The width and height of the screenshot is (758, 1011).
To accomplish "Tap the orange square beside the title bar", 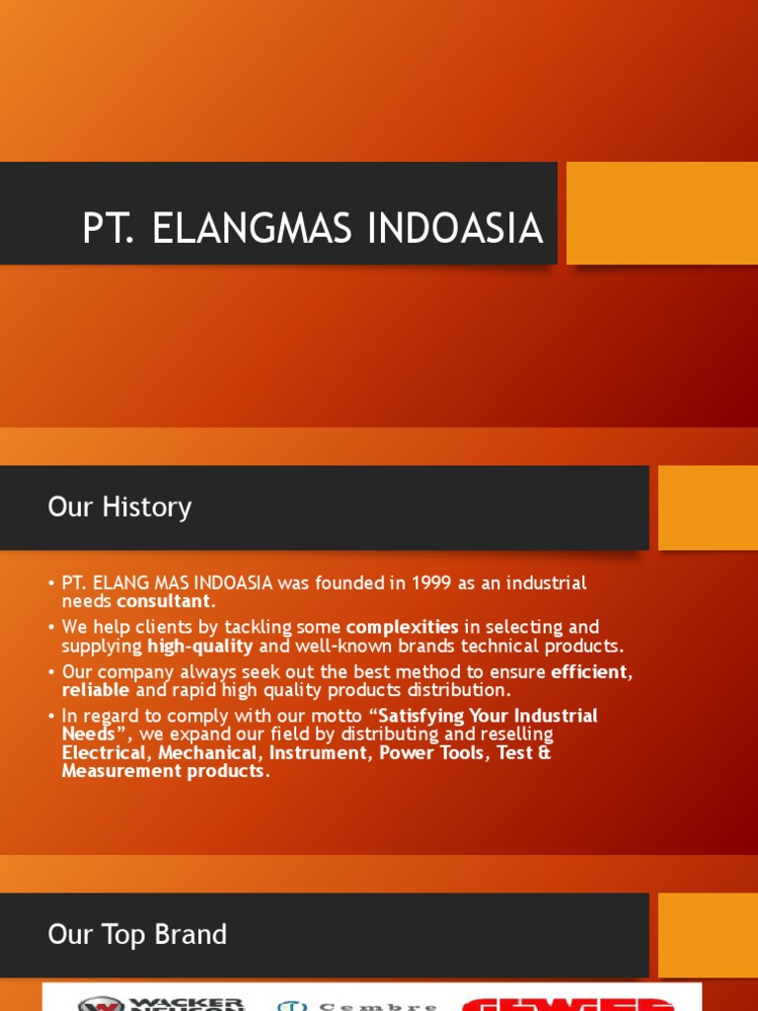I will [x=661, y=213].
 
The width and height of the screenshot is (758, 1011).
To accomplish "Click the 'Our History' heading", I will [x=119, y=507].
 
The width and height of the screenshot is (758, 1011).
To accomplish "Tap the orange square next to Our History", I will [x=707, y=507].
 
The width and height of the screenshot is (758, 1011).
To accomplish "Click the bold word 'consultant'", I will [x=163, y=601].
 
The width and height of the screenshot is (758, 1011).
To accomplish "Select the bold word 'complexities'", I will [x=402, y=627].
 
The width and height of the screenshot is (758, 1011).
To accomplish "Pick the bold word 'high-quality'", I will [x=200, y=646].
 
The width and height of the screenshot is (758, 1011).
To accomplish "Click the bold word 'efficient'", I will [x=589, y=671].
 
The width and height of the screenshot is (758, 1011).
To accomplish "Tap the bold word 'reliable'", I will [x=96, y=690].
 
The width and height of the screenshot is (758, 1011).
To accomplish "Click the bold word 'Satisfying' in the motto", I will [x=429, y=716].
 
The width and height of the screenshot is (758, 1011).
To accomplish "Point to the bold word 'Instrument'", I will [x=318, y=752].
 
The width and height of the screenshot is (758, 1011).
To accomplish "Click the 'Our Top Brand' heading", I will [x=137, y=934].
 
